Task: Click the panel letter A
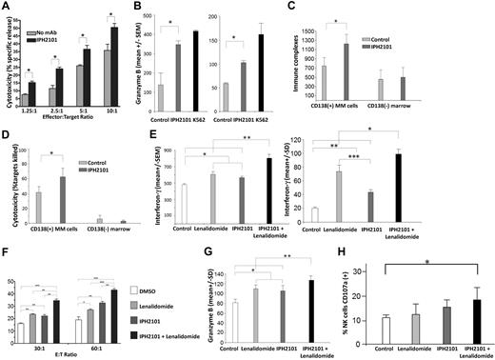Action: (6, 7)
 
